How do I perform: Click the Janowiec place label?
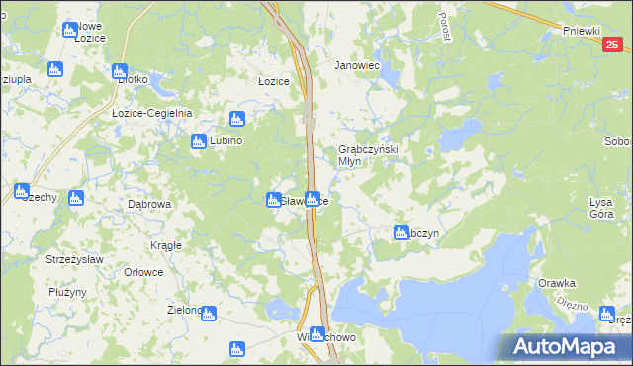pos(357,65)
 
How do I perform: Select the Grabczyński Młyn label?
pos(361,155)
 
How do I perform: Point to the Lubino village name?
pos(225,140)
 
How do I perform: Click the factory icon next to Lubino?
pos(198,141)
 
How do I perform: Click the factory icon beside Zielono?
pos(209,313)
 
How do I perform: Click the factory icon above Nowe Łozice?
pos(69,30)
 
